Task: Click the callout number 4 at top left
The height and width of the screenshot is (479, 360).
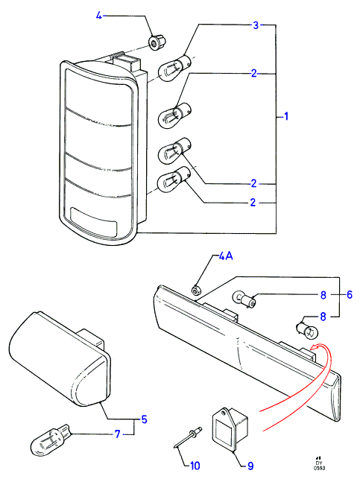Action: (98, 16)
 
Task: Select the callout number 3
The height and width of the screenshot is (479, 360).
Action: (256, 25)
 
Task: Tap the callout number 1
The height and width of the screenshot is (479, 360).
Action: (286, 116)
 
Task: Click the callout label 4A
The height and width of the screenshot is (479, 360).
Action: (226, 256)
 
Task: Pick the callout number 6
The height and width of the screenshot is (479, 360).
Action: (350, 294)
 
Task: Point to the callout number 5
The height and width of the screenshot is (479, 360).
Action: (145, 419)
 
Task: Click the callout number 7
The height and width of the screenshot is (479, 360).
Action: (117, 434)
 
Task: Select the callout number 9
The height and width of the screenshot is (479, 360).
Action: (250, 466)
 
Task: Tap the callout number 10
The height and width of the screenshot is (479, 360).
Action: (195, 466)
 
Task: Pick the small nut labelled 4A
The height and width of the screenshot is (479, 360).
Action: (195, 290)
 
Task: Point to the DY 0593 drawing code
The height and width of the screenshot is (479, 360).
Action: (319, 463)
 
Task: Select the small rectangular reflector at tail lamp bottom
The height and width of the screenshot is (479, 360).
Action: (93, 223)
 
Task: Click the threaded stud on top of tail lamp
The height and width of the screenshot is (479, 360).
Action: (117, 56)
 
